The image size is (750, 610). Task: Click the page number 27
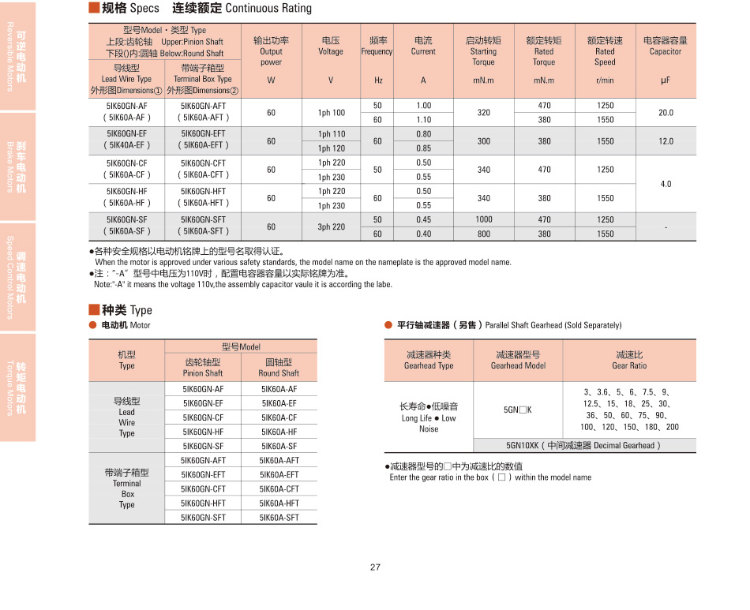point(375,567)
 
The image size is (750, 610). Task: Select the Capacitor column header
point(666,47)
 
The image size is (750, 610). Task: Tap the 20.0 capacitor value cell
point(666,113)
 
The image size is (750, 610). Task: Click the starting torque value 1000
point(484,219)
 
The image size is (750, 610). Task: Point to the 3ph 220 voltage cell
point(331,226)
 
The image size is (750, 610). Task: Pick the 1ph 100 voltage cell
point(331,113)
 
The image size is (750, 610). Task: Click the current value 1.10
point(423,120)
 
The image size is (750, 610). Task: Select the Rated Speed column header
point(605,51)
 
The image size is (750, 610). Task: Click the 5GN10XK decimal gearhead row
point(584,445)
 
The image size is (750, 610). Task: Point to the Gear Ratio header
point(629,360)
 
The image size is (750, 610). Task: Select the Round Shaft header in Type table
point(279,367)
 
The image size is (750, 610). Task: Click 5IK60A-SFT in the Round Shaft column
point(279,518)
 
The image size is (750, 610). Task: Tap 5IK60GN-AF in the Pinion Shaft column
point(203,389)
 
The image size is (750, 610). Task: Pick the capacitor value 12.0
point(666,141)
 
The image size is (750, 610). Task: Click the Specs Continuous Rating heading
point(201,9)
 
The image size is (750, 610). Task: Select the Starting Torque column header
point(483,51)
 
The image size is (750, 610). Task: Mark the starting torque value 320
point(484,113)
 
